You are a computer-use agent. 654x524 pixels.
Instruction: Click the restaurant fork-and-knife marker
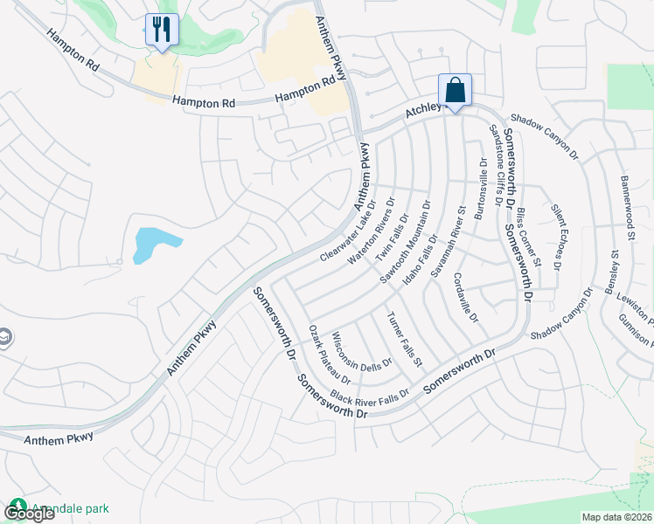click(162, 31)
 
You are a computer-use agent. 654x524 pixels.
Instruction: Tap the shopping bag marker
click(455, 91)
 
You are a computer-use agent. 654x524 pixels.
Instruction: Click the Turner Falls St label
click(405, 338)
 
